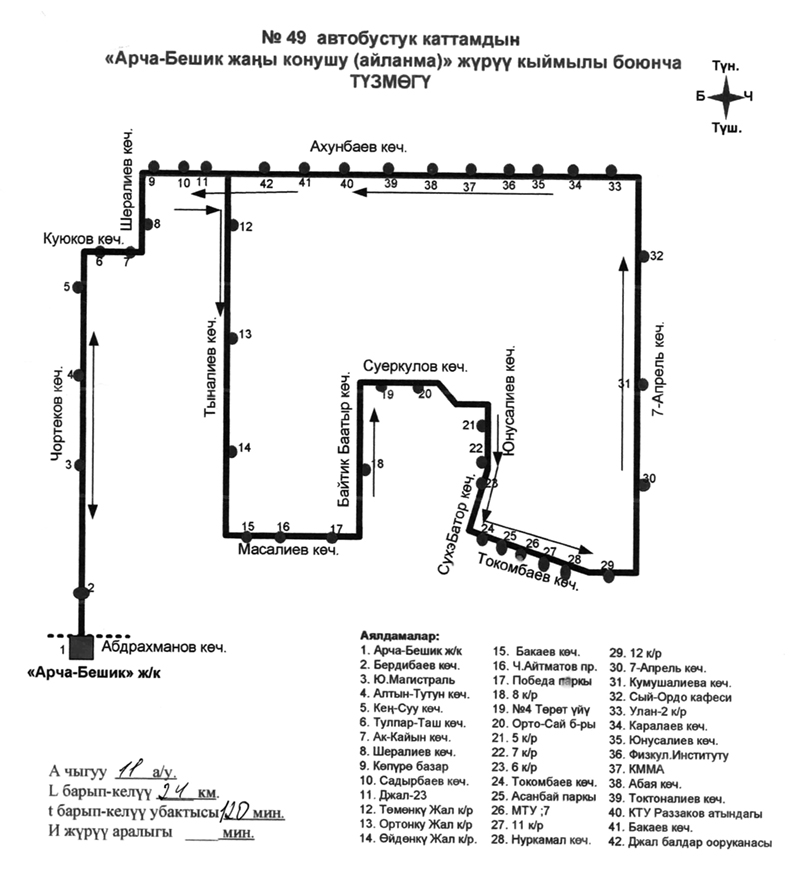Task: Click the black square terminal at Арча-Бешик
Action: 82,647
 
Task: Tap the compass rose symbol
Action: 727,97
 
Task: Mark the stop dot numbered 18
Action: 367,464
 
